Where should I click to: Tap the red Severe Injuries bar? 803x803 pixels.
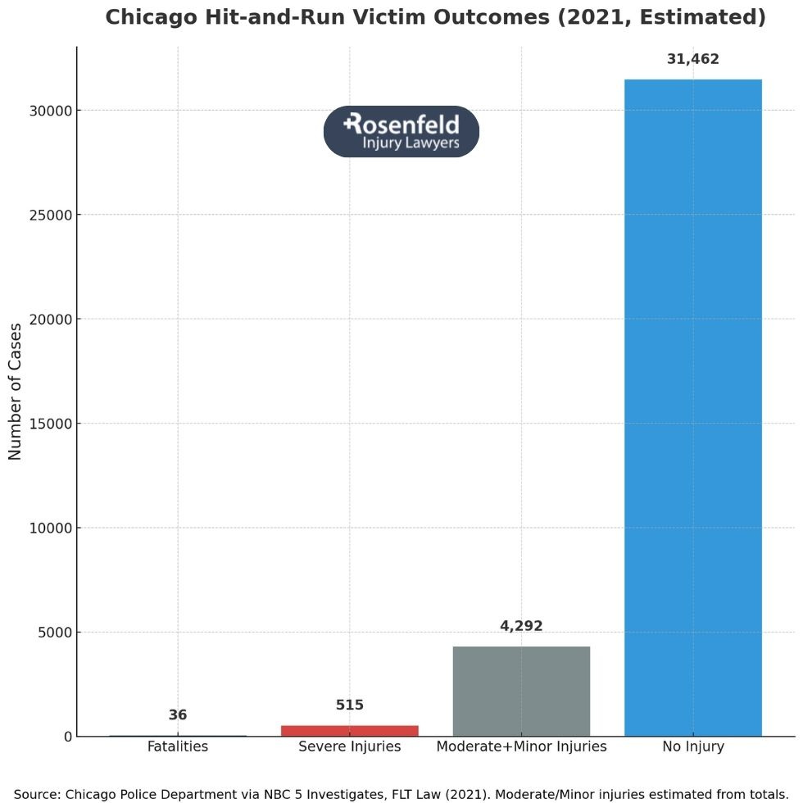[350, 730]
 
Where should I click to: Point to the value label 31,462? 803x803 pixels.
[692, 59]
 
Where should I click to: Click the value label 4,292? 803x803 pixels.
[521, 626]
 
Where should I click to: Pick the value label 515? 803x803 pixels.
[350, 705]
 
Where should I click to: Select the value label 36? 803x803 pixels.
[178, 715]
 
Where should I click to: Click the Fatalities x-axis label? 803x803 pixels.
[178, 746]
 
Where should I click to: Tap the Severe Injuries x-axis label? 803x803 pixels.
[350, 746]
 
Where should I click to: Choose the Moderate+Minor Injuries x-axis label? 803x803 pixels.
[521, 746]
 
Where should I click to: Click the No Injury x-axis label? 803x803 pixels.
[692, 746]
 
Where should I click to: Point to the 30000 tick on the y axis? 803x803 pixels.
[50, 111]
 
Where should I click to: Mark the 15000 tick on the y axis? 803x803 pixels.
[50, 424]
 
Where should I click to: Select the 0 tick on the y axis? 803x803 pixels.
[67, 737]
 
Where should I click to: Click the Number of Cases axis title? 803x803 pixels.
[16, 392]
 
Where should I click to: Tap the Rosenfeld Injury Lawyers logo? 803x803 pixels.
[401, 131]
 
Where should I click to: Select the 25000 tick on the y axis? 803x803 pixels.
[50, 215]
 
